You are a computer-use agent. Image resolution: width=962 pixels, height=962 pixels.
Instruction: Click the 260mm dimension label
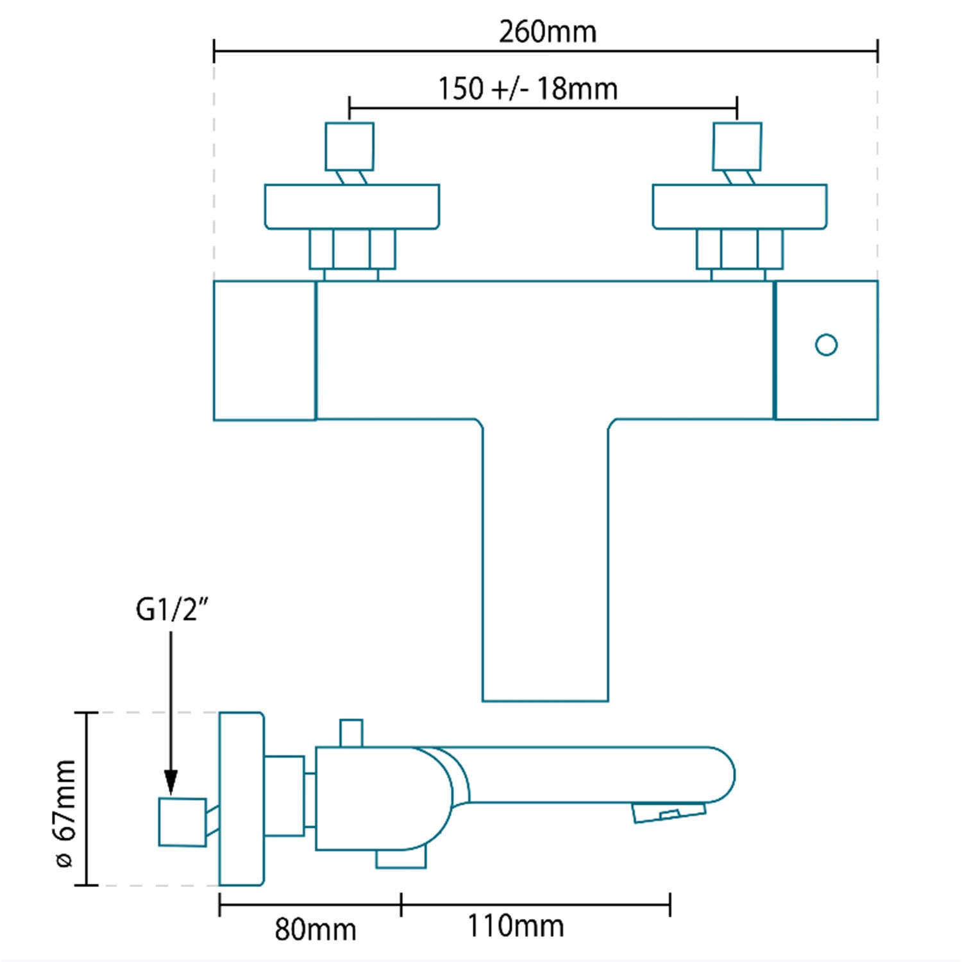(548, 32)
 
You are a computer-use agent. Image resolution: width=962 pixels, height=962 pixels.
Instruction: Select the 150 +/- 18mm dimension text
(528, 89)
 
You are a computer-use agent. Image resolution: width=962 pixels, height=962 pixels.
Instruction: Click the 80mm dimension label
(316, 929)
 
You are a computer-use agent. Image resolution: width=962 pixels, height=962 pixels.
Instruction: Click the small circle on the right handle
(826, 345)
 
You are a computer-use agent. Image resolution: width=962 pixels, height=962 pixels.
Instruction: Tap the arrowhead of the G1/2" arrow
(171, 784)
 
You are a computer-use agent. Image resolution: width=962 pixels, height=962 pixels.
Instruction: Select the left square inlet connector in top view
(350, 147)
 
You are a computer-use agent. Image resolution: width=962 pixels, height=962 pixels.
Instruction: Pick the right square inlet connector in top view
(738, 147)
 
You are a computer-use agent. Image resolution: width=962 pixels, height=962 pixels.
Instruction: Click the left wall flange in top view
(352, 207)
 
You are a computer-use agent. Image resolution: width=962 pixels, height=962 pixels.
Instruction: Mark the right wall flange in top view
(739, 207)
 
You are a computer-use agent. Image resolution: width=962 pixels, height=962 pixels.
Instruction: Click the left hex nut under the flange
(352, 249)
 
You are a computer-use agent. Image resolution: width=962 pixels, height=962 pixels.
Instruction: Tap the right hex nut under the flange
(739, 249)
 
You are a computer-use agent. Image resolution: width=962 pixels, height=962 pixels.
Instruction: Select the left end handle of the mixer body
(264, 350)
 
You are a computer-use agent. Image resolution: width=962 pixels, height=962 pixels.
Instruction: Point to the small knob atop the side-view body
(351, 733)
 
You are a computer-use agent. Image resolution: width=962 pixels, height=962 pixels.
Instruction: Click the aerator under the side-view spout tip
(669, 813)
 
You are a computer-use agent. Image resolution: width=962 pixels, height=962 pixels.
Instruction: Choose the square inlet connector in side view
(183, 822)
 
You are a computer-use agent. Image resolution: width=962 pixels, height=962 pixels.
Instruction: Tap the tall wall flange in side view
(241, 798)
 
